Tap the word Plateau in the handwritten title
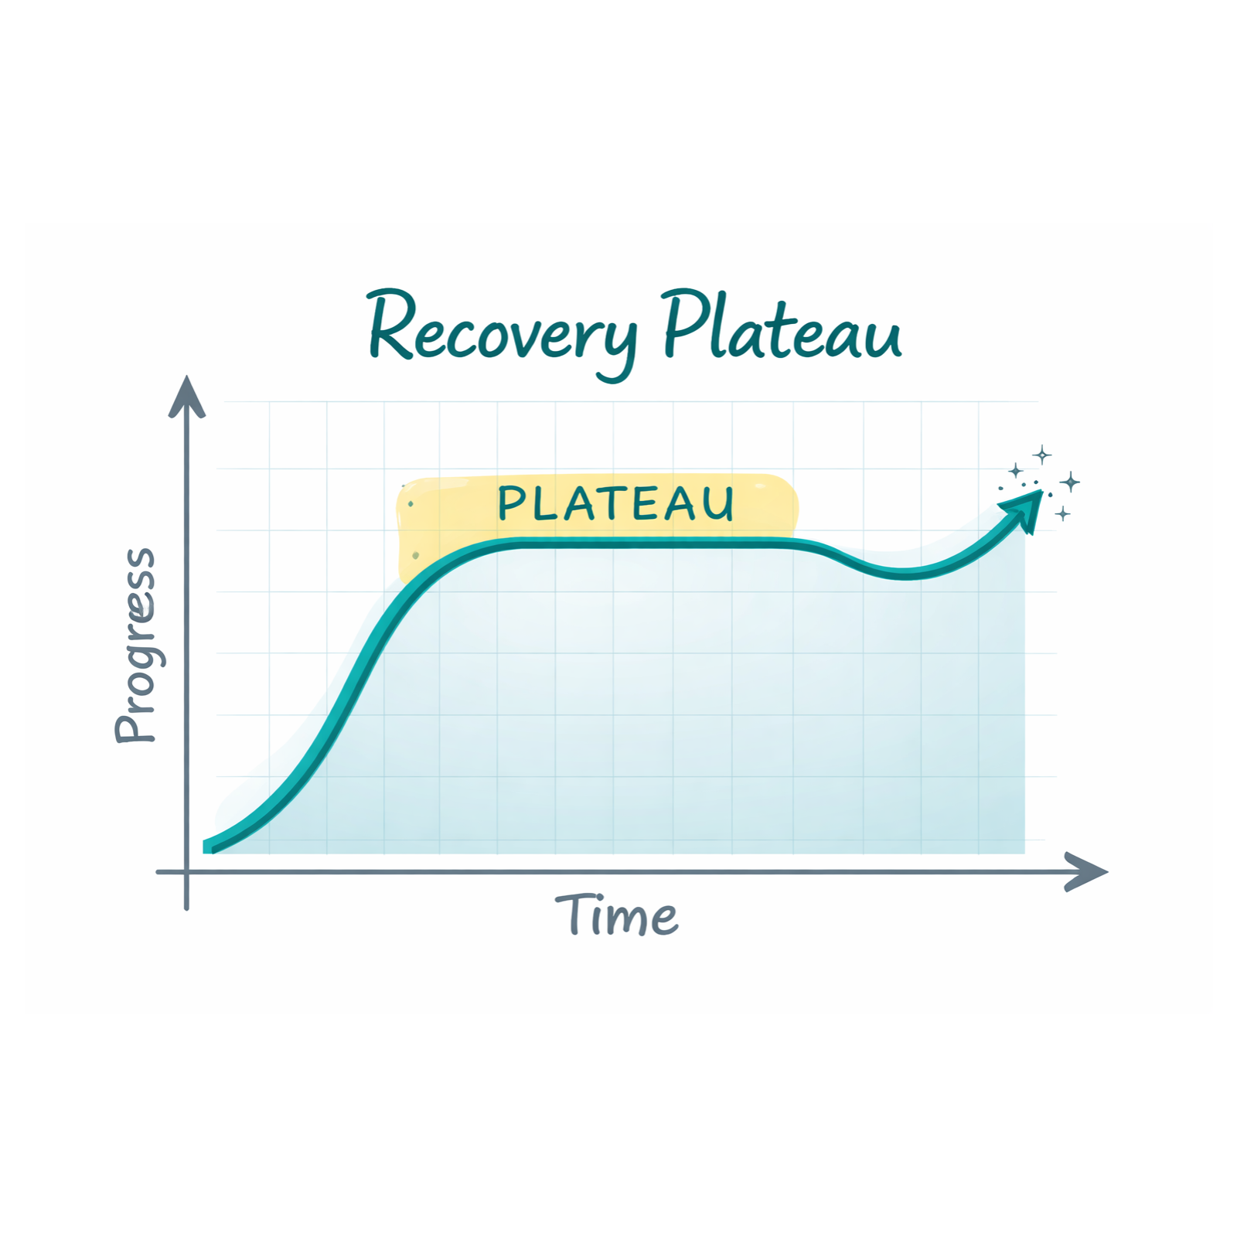pos(782,326)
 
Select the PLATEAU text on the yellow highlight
pos(615,503)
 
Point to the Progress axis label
pos(136,646)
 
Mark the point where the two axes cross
pos(187,872)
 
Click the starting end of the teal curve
pos(207,847)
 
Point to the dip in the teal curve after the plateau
pos(903,574)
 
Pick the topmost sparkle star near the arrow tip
pos(1042,455)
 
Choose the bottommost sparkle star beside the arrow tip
pos(1063,513)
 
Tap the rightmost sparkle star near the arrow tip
pos(1070,482)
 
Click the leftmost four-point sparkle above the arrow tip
pos(1016,471)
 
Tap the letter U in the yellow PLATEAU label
pos(720,504)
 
